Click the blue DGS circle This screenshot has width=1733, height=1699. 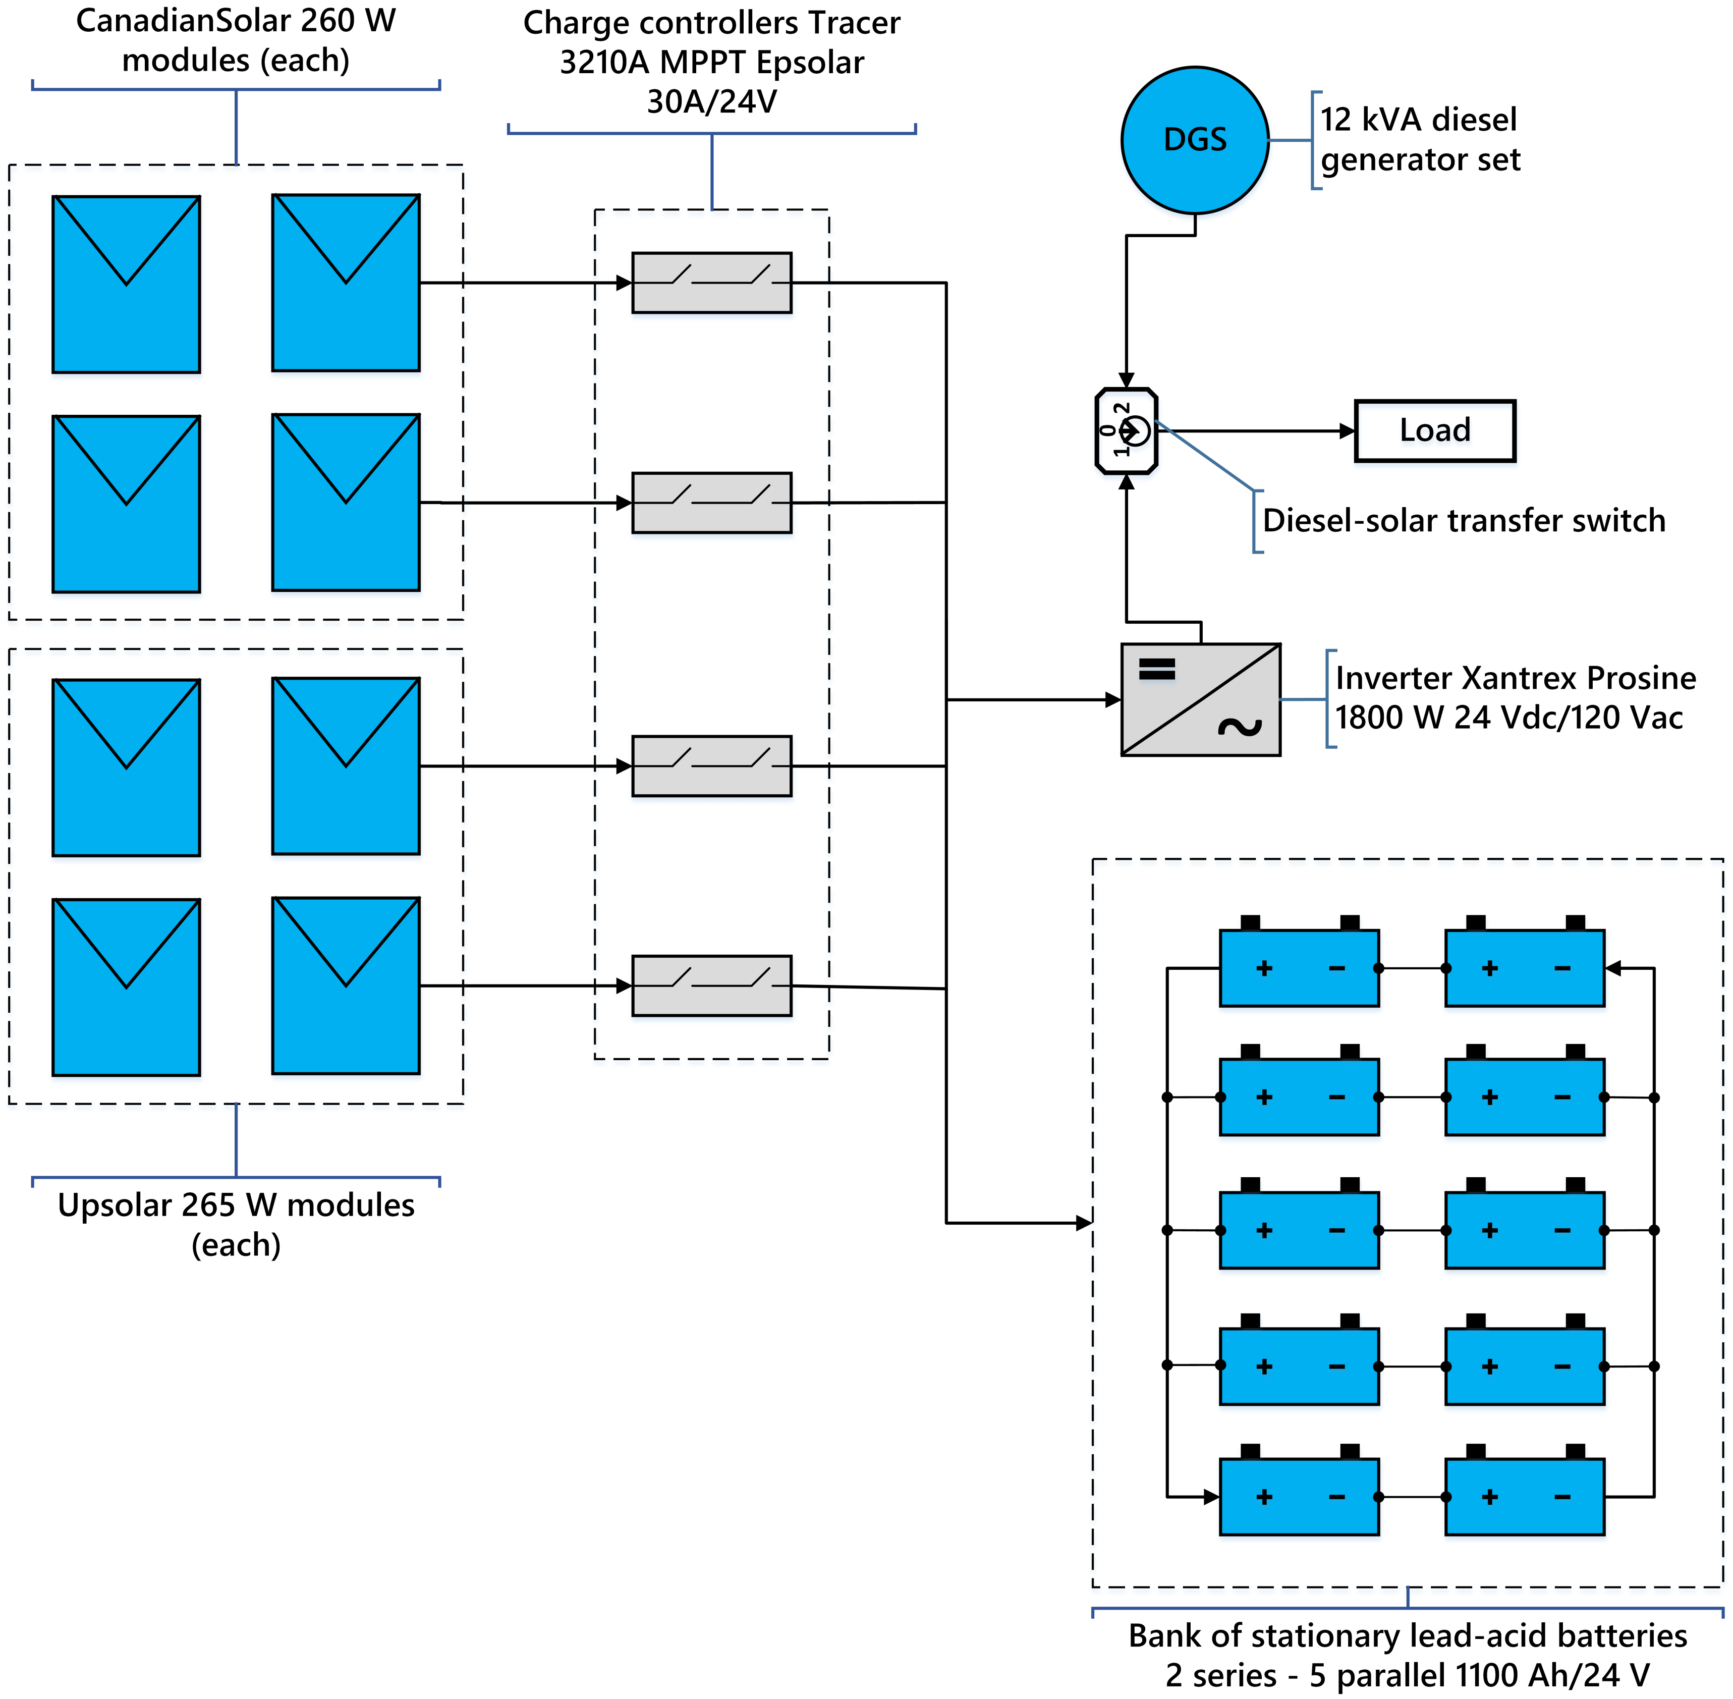[1195, 140]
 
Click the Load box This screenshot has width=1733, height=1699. [1435, 431]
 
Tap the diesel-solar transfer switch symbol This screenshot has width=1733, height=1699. [1126, 431]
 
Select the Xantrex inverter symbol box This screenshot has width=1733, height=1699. [1201, 699]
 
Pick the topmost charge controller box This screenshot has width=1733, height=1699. [712, 283]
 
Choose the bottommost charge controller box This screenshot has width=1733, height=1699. [712, 986]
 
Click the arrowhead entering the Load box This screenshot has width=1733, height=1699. [1348, 431]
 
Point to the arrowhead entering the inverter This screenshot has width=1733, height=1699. [1113, 699]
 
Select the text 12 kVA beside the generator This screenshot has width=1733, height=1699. [1372, 120]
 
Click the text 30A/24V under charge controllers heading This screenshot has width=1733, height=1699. [712, 102]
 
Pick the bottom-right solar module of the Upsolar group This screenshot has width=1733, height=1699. [346, 986]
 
